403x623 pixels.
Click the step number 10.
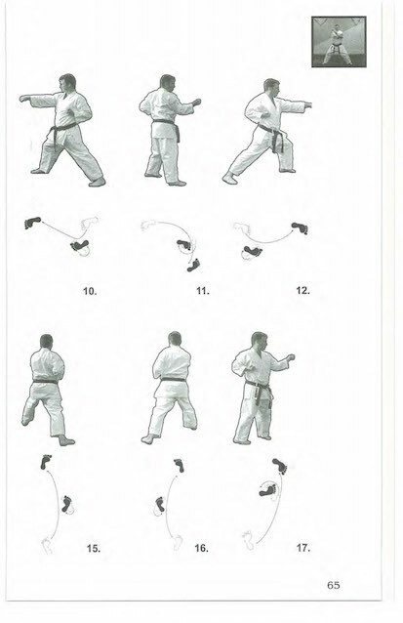[x=90, y=291]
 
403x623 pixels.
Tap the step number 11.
[x=203, y=291]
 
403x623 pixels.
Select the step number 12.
[x=302, y=290]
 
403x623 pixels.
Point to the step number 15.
[x=94, y=549]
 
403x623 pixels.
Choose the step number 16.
[x=201, y=549]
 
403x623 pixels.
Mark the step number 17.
[x=302, y=548]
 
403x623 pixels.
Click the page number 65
[x=334, y=585]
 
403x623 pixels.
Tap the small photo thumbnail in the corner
[x=339, y=42]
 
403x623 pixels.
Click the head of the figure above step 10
[x=67, y=83]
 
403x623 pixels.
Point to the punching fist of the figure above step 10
[x=24, y=99]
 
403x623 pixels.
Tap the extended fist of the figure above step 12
[x=308, y=105]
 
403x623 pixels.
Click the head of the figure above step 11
[x=167, y=82]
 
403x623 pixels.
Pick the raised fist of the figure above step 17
[x=291, y=357]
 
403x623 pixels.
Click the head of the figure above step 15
[x=47, y=342]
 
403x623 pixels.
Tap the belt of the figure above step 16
[x=173, y=380]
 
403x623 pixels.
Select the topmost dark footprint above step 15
[x=46, y=462]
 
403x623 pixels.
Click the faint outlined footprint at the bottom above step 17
[x=249, y=540]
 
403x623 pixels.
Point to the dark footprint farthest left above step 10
[x=32, y=223]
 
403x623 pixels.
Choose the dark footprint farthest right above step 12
[x=300, y=228]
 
